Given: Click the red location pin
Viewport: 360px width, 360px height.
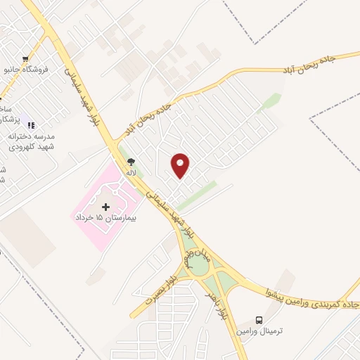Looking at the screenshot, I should click(181, 165).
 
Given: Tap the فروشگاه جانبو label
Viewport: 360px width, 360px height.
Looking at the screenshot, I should click(26, 70).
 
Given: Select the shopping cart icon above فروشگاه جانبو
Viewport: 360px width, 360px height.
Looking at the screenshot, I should click(25, 59).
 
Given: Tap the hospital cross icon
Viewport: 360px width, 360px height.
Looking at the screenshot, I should click(106, 207).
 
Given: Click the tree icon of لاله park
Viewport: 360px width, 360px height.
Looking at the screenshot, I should click(131, 162).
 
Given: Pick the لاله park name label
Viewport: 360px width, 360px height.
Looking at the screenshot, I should click(131, 172).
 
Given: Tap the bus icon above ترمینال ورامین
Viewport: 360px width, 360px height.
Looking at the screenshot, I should click(259, 319).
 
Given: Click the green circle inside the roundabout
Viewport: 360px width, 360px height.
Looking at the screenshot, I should click(198, 267).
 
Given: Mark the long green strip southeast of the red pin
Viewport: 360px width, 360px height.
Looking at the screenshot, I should click(197, 197).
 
